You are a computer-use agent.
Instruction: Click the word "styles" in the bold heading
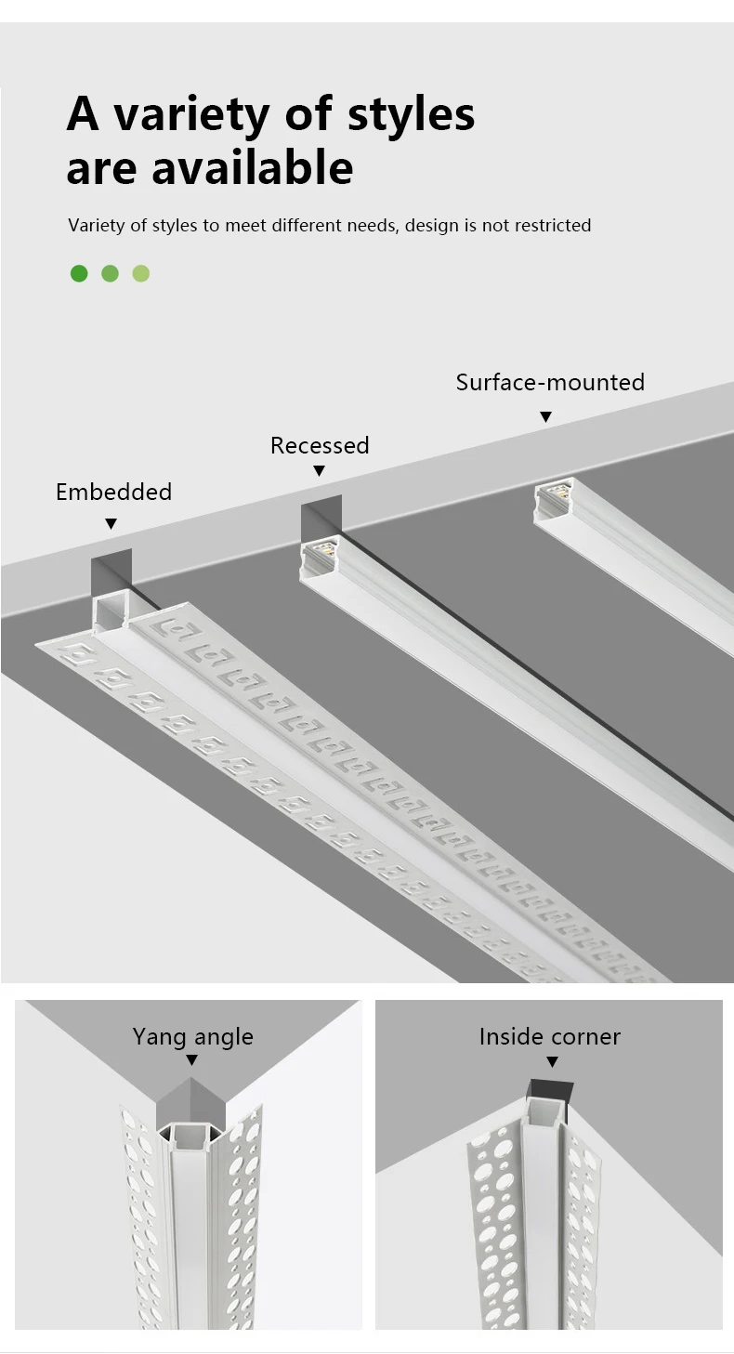tap(411, 115)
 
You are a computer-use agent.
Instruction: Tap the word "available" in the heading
tap(252, 169)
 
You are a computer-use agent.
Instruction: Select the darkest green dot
tap(79, 273)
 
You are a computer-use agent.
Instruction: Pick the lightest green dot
tap(141, 273)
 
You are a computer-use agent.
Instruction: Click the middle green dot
tap(110, 273)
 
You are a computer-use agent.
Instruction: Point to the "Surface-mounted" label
tap(550, 382)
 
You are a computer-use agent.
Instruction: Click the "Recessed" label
tap(320, 445)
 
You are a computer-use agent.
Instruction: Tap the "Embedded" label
tap(113, 492)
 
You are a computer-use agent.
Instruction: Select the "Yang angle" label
tap(192, 1036)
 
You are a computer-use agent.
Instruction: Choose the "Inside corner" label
tap(550, 1036)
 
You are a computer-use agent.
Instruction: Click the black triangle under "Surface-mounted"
tap(546, 417)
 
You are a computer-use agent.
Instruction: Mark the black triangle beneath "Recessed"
tap(319, 471)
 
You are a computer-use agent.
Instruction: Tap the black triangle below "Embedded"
tap(111, 524)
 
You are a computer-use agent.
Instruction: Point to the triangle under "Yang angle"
tap(192, 1060)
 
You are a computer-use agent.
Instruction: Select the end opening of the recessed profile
tap(318, 556)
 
